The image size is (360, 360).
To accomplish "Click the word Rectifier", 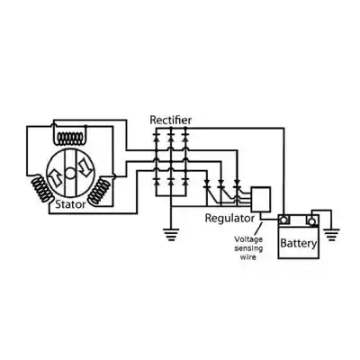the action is click(170, 120).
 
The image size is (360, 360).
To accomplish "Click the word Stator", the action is click(70, 204).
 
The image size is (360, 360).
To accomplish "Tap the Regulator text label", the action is click(229, 219).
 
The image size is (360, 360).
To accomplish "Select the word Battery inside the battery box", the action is click(298, 243).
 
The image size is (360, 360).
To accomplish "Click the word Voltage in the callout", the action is click(248, 239).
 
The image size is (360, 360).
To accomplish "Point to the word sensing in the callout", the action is click(248, 248).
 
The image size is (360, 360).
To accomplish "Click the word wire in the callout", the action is click(248, 257).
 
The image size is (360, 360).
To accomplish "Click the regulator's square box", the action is click(261, 200).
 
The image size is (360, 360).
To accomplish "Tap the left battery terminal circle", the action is click(283, 220).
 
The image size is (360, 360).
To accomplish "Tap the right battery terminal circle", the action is click(312, 221).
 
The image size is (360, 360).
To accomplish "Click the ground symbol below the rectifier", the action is click(171, 235).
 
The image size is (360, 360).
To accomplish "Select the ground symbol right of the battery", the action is click(331, 235).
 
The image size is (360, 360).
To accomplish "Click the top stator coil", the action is click(70, 138).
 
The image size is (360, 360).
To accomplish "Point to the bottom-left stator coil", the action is click(42, 189).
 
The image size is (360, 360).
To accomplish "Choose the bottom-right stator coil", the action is click(98, 191).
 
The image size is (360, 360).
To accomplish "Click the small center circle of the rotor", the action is click(70, 173).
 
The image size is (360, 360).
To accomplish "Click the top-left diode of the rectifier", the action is click(156, 139).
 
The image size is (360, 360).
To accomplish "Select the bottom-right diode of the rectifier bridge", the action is click(185, 182).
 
